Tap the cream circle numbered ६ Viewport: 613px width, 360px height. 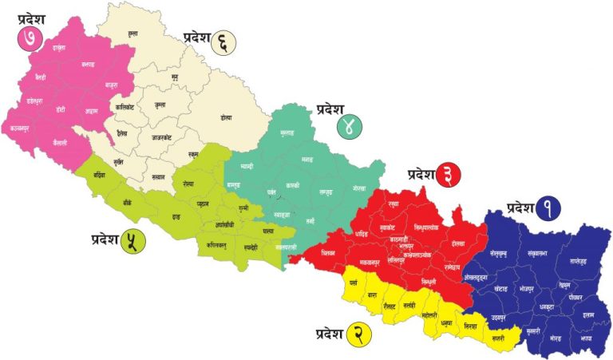pos(224,42)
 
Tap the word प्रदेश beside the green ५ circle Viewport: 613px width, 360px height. pos(105,239)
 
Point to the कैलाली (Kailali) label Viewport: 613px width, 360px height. pos(56,141)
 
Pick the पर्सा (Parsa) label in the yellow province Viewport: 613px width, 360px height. pos(354,283)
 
